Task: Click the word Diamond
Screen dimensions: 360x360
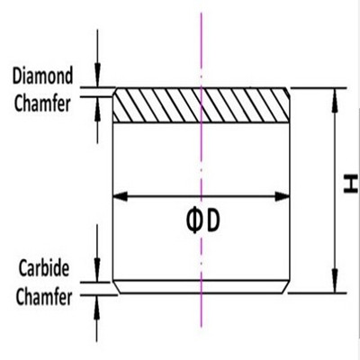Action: pos(42,76)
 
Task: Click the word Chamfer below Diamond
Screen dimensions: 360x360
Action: pos(42,103)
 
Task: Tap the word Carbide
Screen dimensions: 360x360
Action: pos(44,268)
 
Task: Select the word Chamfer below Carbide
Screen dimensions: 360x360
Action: pos(44,297)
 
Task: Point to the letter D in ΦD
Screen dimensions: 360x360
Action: pos(213,220)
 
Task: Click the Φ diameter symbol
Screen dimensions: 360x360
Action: pos(194,221)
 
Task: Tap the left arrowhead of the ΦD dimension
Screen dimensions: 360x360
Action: pos(120,197)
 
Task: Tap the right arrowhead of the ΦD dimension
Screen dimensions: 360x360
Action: pos(283,197)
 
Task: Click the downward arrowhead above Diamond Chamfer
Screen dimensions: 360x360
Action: pos(97,75)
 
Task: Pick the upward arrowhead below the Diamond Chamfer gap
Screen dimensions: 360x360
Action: pos(97,109)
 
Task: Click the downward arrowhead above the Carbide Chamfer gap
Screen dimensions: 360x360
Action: pos(97,270)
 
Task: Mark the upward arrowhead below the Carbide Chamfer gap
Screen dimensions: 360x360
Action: pos(97,307)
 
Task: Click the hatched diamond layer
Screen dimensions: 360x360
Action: pos(201,105)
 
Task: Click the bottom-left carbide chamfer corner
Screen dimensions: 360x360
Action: pos(116,287)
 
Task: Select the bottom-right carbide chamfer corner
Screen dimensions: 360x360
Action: pos(286,287)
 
